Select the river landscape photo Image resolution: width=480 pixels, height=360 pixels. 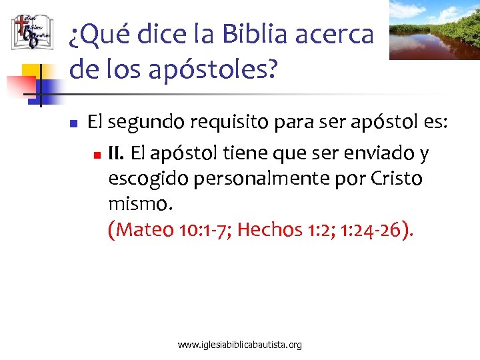[x=434, y=29]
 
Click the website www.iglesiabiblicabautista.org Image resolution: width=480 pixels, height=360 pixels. [x=240, y=345]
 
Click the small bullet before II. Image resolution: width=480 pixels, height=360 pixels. [x=97, y=155]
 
